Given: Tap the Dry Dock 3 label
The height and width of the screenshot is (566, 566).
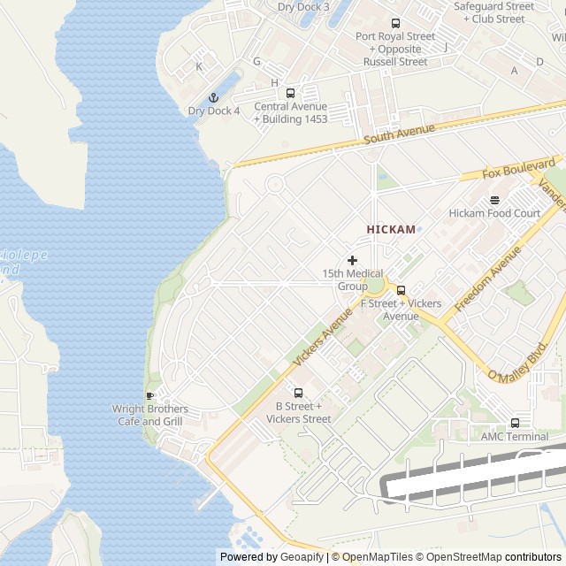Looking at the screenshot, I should [302, 6].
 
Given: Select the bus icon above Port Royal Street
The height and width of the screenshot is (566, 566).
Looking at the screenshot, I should [395, 23].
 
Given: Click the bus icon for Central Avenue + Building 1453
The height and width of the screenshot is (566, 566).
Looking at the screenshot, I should [290, 93].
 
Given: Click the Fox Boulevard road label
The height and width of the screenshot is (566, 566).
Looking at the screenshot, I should [519, 169].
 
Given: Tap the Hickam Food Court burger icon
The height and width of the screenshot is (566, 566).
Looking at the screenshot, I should [494, 199].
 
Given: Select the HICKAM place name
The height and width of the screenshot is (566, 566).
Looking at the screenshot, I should [391, 229].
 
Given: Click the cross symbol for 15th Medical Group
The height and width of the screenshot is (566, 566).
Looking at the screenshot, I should [352, 260].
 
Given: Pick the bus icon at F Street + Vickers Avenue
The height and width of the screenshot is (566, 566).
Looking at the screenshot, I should [401, 290].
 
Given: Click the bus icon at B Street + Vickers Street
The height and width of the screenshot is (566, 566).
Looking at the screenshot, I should [298, 393].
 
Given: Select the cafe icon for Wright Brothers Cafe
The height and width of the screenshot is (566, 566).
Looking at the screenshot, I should [149, 395].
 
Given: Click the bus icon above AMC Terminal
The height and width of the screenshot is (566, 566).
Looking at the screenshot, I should [515, 423].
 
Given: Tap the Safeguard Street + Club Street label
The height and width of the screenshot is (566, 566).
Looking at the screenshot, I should [493, 12].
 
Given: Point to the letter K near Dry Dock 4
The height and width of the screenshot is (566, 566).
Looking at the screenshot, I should [199, 66].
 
